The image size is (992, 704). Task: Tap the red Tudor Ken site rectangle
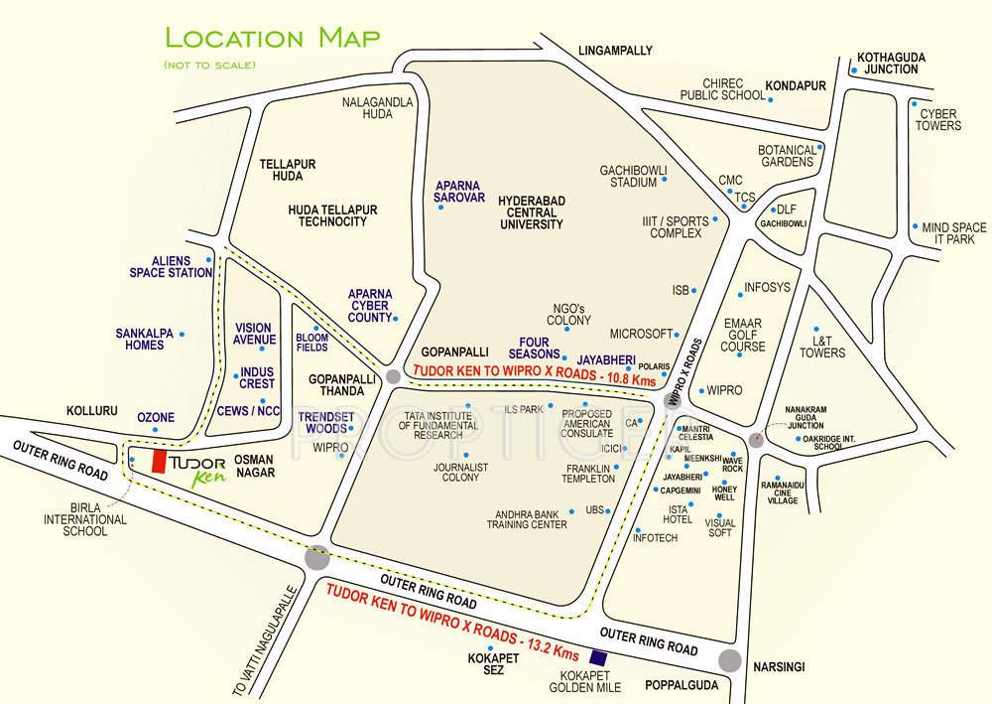(157, 462)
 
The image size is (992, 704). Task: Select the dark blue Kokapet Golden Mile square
(597, 656)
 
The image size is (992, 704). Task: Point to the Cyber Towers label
(938, 120)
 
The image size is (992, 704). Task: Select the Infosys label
(767, 287)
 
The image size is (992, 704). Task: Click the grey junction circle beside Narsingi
(731, 660)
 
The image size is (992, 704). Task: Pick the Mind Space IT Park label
(954, 233)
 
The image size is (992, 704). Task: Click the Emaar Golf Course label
(744, 335)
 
